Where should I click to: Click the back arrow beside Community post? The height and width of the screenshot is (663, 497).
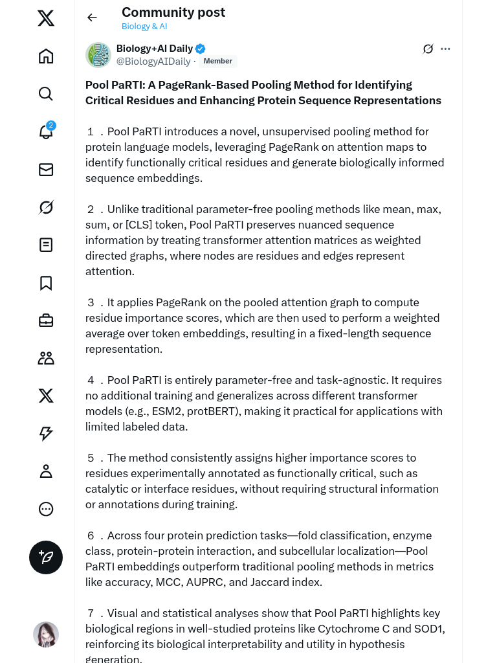(92, 17)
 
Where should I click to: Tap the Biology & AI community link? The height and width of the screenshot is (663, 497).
(144, 27)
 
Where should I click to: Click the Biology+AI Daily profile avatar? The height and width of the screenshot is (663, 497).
(98, 55)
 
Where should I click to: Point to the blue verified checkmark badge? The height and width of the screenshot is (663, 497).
(201, 49)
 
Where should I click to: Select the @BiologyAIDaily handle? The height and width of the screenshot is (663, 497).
(153, 62)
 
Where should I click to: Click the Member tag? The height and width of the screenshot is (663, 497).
(217, 62)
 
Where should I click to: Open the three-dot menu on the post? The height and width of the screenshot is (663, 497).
(445, 49)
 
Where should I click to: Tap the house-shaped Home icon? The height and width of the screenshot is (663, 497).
(46, 56)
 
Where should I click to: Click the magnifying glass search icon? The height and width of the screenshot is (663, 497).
(46, 94)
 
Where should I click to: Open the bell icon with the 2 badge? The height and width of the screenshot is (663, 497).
(46, 131)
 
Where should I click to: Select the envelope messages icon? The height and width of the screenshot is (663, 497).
(46, 170)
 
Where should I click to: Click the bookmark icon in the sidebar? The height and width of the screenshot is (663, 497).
(46, 283)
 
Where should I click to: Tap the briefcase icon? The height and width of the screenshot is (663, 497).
(46, 320)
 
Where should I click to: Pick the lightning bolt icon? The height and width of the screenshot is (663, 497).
(46, 434)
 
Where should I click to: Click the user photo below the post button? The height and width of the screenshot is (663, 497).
(46, 635)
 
